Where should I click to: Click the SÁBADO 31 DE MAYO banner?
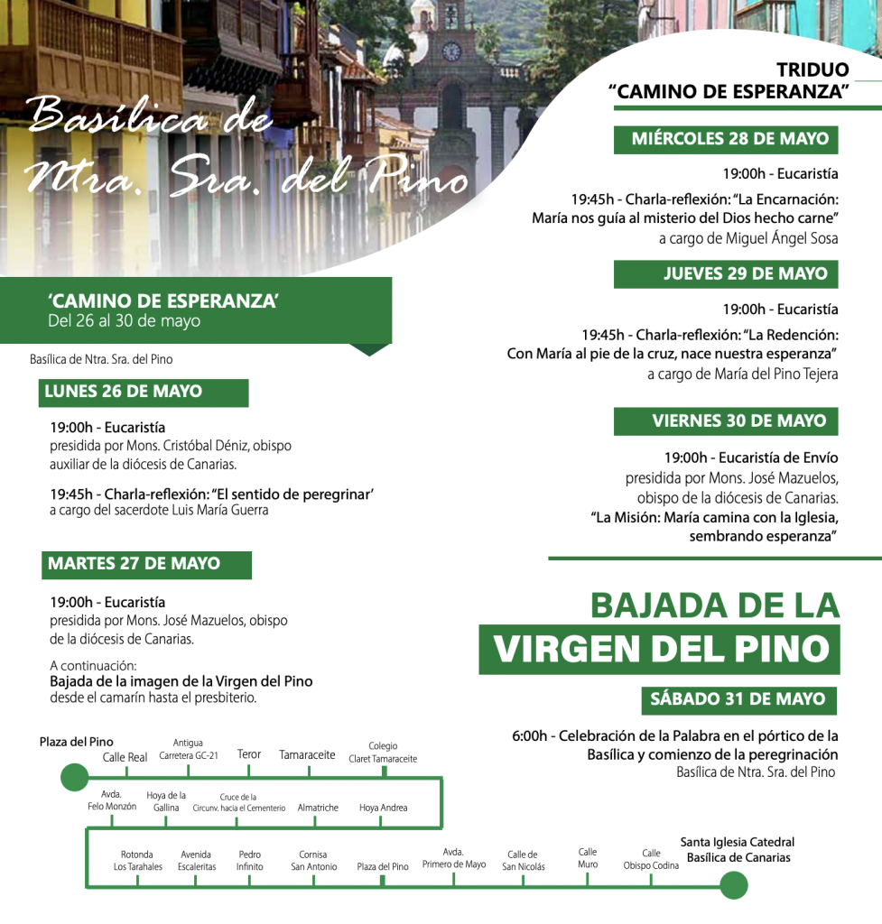coord(738,699)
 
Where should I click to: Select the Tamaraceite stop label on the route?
coord(307,755)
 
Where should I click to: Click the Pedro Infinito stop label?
coord(250,861)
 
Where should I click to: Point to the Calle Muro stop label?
coord(588,858)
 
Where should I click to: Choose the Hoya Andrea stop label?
coord(383,808)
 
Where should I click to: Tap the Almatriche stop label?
coord(318,808)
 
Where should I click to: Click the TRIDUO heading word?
coord(812,70)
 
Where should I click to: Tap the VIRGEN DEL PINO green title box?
coord(658,649)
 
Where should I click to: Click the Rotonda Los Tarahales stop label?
coord(137,861)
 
